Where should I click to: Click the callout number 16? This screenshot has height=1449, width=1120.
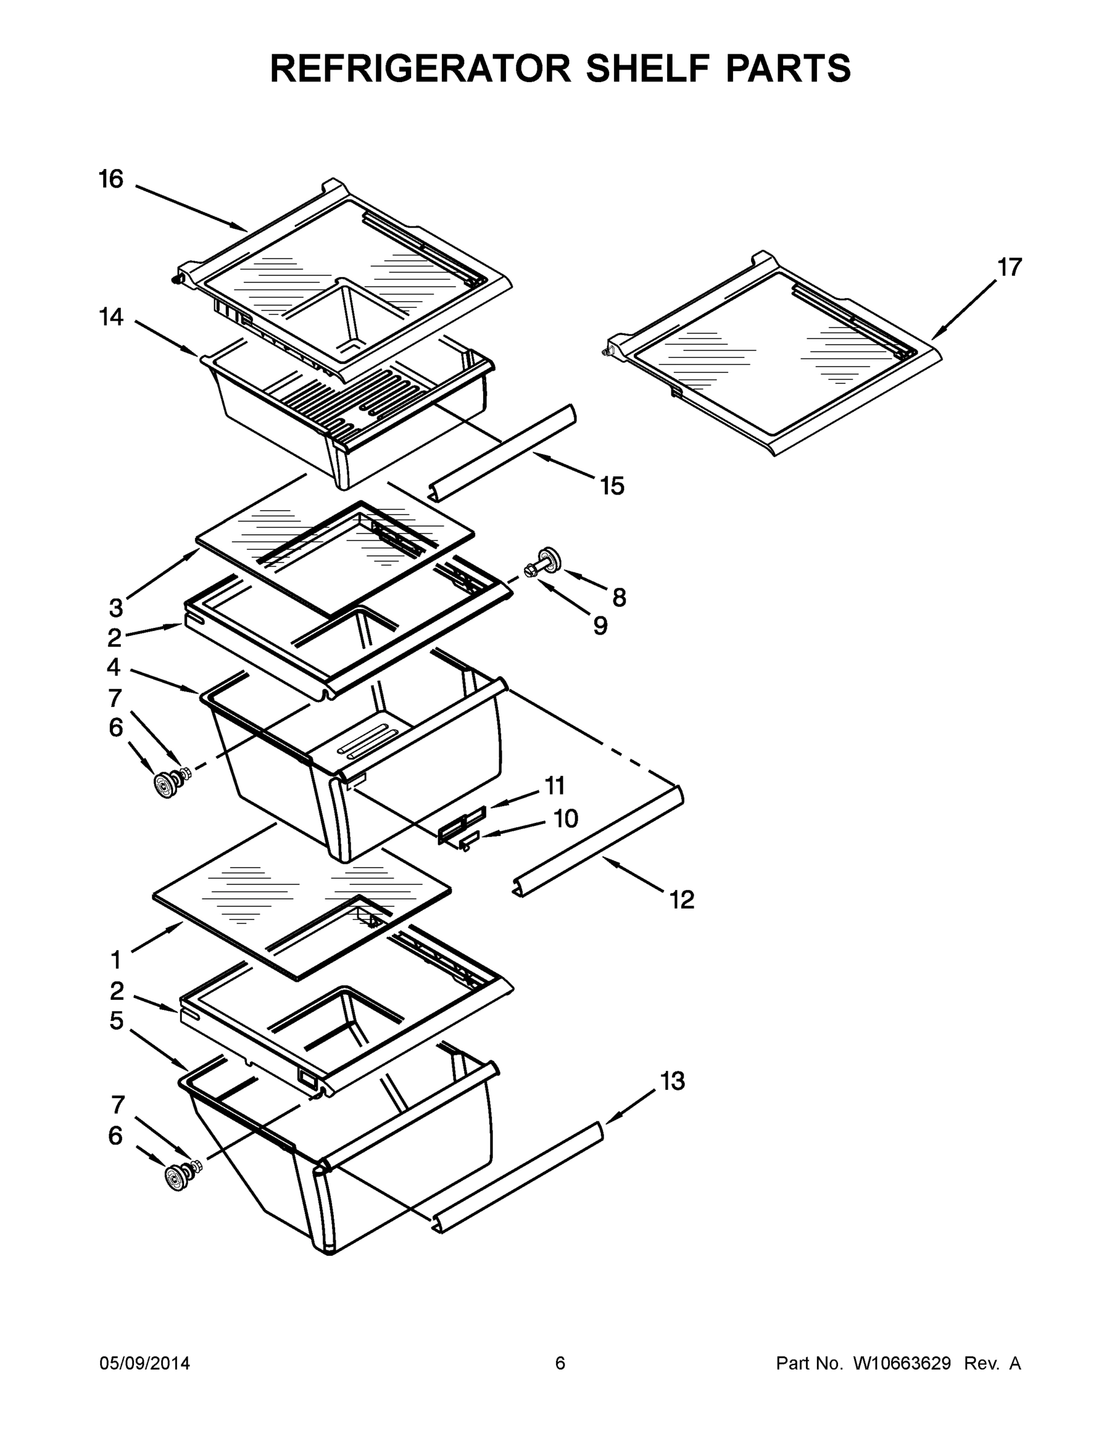pos(111,179)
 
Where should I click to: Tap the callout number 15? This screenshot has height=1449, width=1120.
pos(612,485)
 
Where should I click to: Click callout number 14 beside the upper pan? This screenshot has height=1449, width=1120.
pos(111,317)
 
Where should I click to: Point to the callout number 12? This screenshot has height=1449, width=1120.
pos(682,900)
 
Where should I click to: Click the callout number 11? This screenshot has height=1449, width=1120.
pos(555,785)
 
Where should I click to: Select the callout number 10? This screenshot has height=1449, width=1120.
pos(565,819)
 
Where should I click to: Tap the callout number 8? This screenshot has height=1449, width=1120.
pos(618,598)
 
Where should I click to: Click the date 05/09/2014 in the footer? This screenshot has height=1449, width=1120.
pos(145,1363)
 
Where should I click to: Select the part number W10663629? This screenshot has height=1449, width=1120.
pos(901,1363)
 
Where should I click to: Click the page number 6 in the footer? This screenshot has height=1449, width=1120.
pos(560,1363)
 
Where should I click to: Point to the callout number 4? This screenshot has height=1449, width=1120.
pos(114,665)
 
